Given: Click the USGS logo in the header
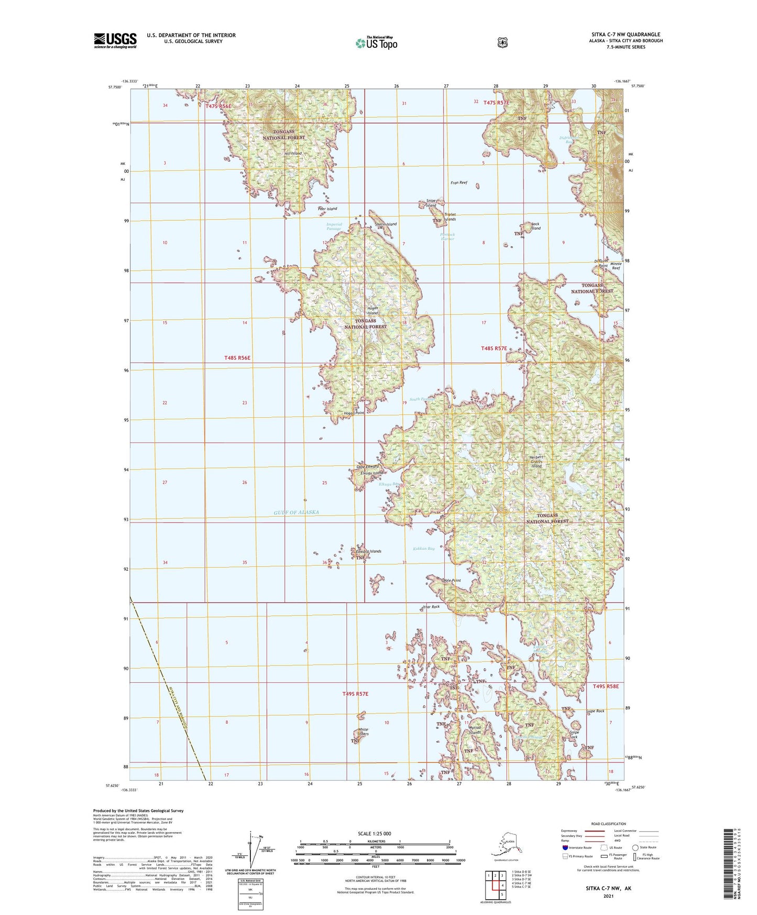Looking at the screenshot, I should click(115, 40).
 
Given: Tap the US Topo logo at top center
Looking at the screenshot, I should click(376, 42).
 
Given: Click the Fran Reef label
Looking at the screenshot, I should click(459, 183).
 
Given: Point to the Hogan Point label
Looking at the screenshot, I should click(354, 413).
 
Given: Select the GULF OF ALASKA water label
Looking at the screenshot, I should click(296, 512).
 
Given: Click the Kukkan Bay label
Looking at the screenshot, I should click(424, 549).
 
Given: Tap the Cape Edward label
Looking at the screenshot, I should click(368, 466).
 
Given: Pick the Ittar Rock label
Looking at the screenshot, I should click(431, 607).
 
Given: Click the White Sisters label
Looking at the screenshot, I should click(363, 732).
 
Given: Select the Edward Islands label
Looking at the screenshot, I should click(368, 551).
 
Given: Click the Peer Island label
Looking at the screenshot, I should click(327, 209).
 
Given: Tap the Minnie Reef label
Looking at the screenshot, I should click(616, 265).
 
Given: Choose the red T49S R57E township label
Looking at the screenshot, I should click(355, 694).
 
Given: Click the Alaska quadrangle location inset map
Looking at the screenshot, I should click(505, 845).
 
